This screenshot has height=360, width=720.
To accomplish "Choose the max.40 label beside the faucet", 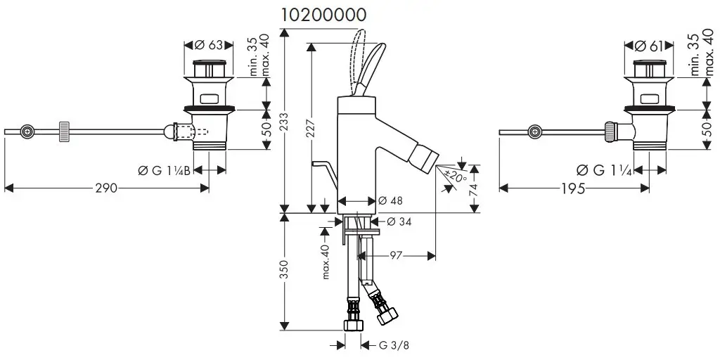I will coord(326,262).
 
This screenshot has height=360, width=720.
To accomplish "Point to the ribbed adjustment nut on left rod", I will coord(64,131).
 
